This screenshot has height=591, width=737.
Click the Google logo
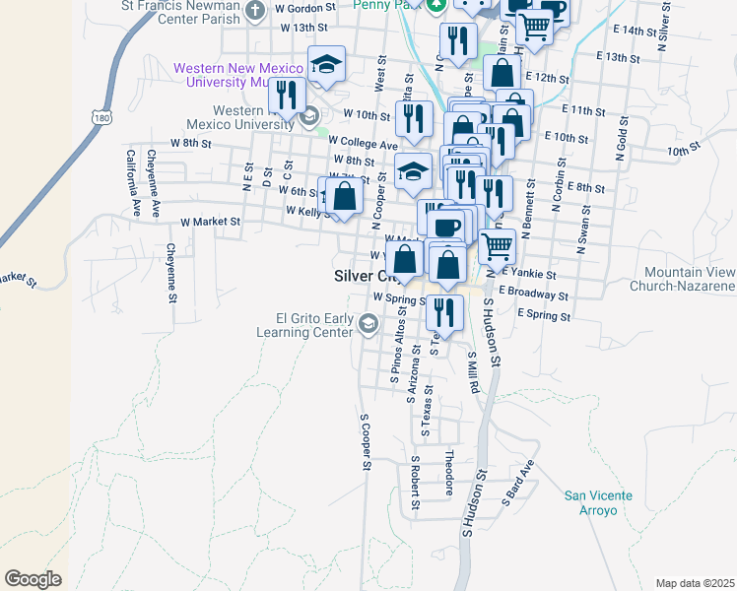coord(33,579)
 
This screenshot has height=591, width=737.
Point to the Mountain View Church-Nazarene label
coord(689,279)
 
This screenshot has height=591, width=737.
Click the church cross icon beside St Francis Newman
coord(255,11)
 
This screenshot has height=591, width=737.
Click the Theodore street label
coord(448,473)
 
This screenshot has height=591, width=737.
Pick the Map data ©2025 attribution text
coord(695,582)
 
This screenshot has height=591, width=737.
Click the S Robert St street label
coord(416,483)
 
